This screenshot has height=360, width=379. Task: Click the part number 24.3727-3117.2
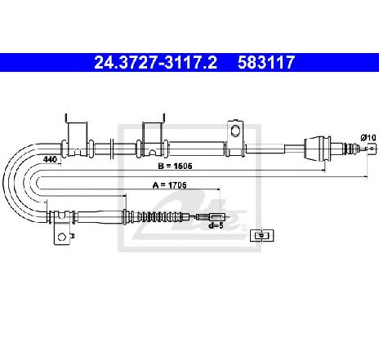(x=156, y=62)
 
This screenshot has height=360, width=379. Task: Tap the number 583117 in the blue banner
(x=266, y=62)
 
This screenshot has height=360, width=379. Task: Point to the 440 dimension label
(x=50, y=159)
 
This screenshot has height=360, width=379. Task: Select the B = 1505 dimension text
(x=175, y=166)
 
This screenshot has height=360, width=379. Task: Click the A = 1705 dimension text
(x=170, y=185)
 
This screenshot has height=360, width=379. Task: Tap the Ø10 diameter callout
(x=369, y=138)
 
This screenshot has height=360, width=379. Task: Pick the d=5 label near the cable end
(x=216, y=225)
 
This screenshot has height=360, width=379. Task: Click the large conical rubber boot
(x=317, y=149)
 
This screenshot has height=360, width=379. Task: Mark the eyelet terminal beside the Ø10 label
(x=371, y=149)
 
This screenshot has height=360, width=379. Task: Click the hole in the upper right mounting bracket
(x=234, y=131)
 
